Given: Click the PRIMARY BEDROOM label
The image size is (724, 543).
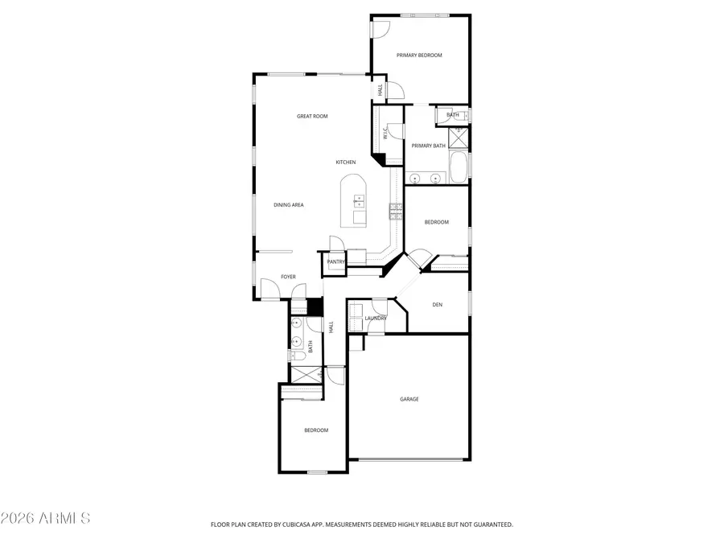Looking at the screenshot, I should pos(419,56).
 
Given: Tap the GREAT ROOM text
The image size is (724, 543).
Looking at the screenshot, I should pos(312,117).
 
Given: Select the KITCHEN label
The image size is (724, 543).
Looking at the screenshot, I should pos(346,162).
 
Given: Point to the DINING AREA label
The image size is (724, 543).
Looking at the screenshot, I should pos(288,205).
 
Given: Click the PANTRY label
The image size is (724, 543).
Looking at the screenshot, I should pos(335,261).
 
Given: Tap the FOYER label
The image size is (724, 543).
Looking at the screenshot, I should pos(288,277).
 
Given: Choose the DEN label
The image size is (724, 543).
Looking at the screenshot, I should pos(438,304).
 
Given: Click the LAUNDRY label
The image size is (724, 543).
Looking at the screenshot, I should pos(376,319).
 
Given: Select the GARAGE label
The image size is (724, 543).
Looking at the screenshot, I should pos(409,399).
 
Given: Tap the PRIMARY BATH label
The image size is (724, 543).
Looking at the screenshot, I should pos(428,146).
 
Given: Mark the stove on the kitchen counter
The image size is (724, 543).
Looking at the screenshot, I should pos(397,212).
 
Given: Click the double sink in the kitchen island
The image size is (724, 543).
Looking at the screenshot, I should pos(359,201).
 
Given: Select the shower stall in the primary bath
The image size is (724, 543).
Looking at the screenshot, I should pos(459,138).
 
